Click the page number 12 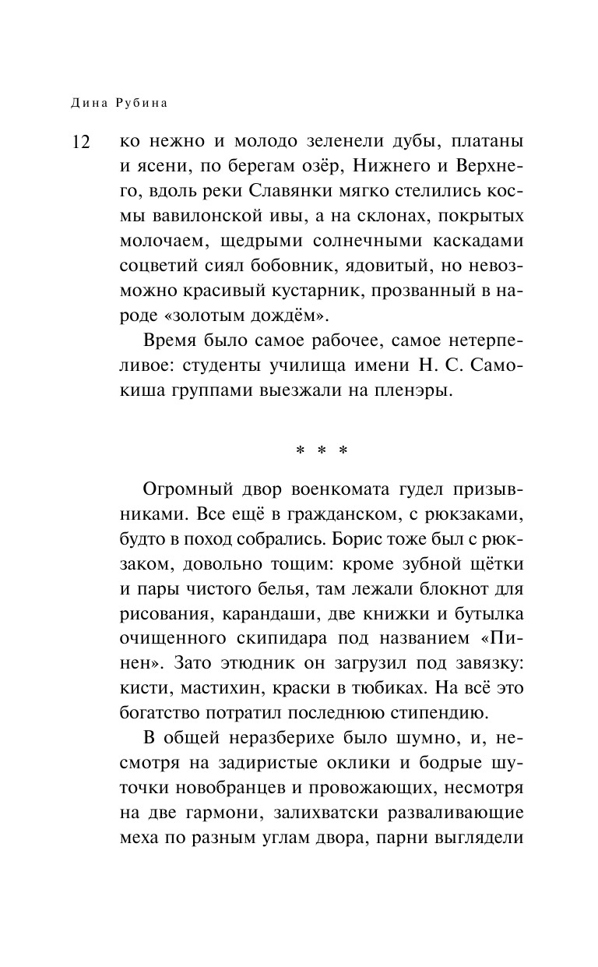pyautogui.click(x=82, y=144)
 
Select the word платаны pyautogui.click(x=482, y=143)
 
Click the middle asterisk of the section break pyautogui.click(x=321, y=450)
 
